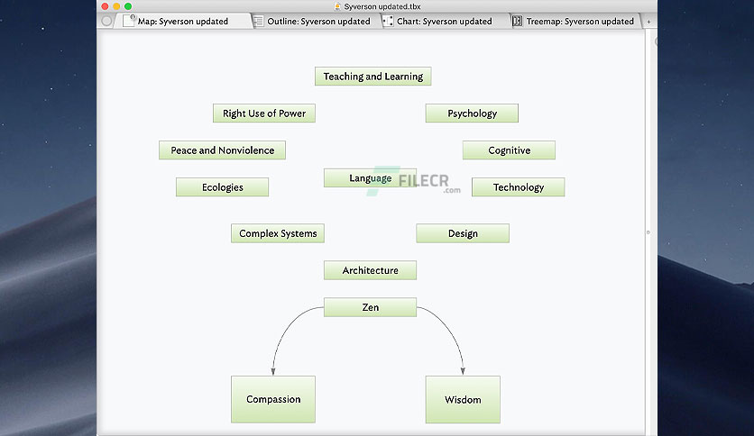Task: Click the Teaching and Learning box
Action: (x=373, y=77)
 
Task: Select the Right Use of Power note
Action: (x=264, y=114)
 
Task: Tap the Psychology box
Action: (x=472, y=114)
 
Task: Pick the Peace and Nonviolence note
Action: (x=222, y=150)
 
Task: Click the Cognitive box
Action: (x=509, y=150)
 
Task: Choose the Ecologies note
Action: (x=222, y=187)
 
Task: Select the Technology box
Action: (x=519, y=187)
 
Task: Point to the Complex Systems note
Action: (x=278, y=233)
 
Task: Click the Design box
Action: (x=463, y=233)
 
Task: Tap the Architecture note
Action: (x=371, y=270)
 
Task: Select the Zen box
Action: (x=371, y=307)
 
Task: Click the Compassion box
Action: (x=273, y=399)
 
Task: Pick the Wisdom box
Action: (x=463, y=399)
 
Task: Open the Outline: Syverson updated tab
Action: (x=318, y=21)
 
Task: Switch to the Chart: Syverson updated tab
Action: (x=444, y=21)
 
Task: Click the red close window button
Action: (x=105, y=6)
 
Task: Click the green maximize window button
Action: (x=128, y=6)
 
